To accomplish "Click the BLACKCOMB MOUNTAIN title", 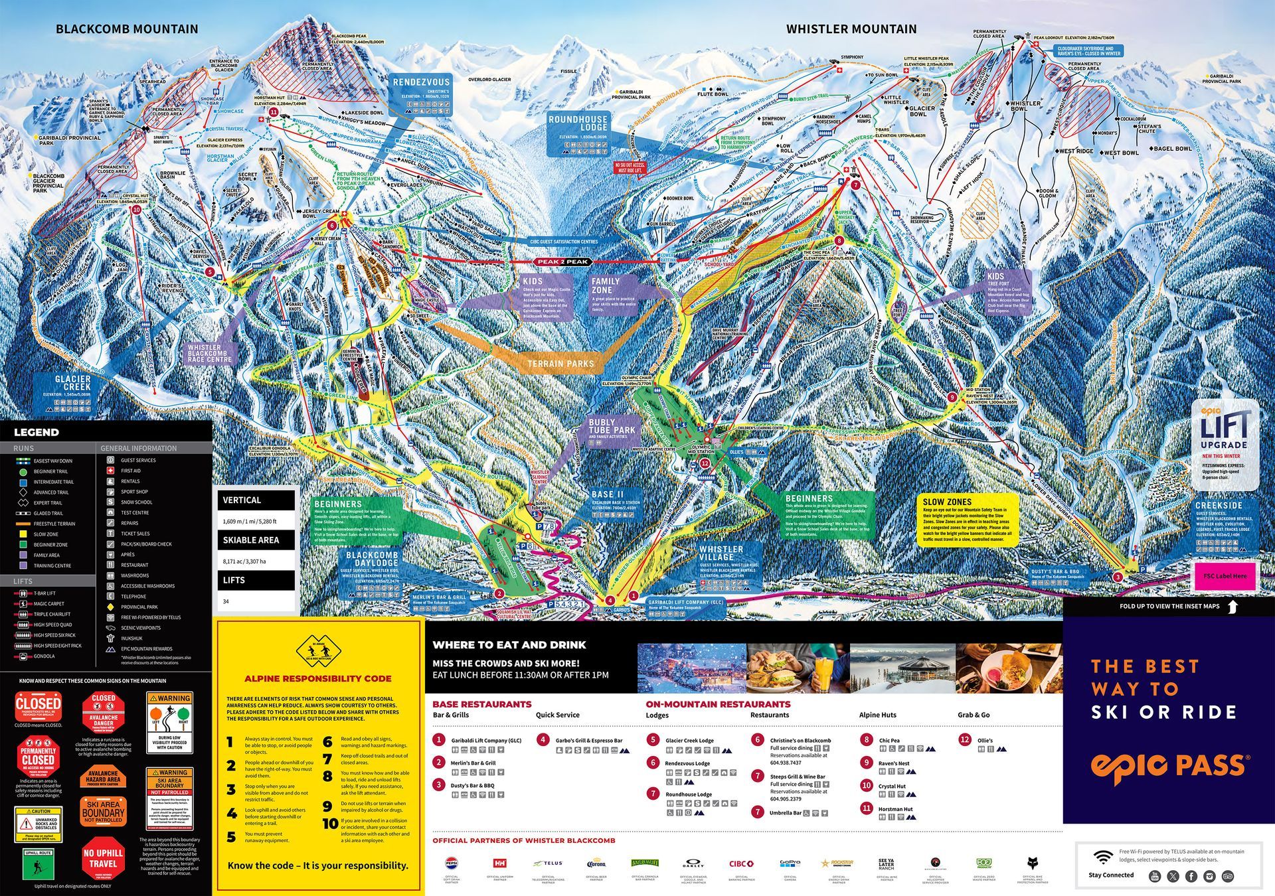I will (127, 29).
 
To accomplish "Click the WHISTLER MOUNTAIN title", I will (851, 29).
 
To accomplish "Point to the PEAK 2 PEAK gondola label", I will (562, 262).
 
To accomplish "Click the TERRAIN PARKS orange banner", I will (560, 364).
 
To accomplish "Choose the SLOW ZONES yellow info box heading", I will (947, 502).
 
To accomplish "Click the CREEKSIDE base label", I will (1219, 505).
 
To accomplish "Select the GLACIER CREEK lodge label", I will (73, 383).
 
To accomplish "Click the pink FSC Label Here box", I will (1225, 576).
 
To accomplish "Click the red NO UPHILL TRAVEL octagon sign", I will (103, 858).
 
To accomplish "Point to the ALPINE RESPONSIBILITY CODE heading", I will (317, 678).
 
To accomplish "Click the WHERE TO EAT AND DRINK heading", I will (509, 644).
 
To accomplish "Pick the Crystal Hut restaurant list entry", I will (892, 786).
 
